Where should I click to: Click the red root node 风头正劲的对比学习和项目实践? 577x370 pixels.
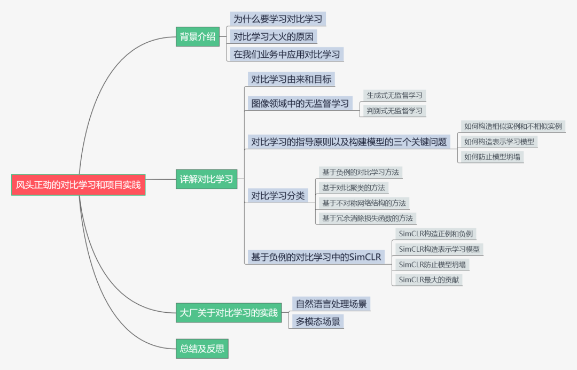click(78, 185)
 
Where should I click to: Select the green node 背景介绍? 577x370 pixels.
click(198, 36)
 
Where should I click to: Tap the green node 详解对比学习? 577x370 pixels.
click(206, 179)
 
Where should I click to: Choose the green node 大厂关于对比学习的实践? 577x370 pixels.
click(229, 313)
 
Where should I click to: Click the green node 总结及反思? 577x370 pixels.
click(202, 349)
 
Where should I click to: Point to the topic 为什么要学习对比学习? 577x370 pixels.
click(278, 19)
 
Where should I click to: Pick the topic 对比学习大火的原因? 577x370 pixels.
click(274, 36)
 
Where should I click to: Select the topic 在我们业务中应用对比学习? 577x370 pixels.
click(286, 54)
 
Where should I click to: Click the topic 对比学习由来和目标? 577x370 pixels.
click(292, 80)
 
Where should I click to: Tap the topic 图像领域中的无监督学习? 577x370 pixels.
click(300, 103)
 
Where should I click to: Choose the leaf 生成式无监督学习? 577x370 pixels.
click(394, 95)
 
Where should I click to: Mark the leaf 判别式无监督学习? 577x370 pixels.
click(394, 111)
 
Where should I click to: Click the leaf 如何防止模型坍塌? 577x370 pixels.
click(491, 157)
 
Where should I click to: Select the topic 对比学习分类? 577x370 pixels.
click(278, 196)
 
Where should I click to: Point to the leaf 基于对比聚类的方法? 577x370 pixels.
click(353, 188)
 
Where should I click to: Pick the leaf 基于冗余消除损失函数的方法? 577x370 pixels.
click(367, 218)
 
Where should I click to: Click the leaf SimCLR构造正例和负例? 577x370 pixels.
click(435, 234)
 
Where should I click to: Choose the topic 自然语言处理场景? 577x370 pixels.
click(331, 304)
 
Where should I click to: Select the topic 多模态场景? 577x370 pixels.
click(318, 322)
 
